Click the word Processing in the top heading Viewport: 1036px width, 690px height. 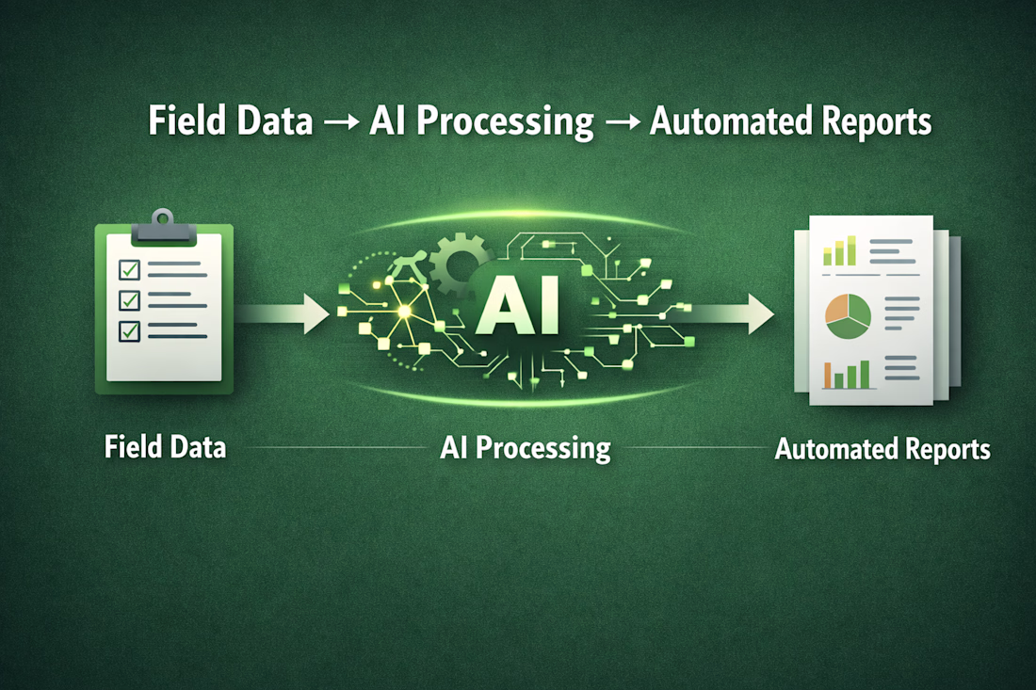pyautogui.click(x=505, y=123)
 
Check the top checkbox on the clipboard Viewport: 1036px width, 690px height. pyautogui.click(x=130, y=269)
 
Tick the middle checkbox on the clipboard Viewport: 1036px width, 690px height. pyautogui.click(x=130, y=300)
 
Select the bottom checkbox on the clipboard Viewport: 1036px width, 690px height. pyautogui.click(x=130, y=330)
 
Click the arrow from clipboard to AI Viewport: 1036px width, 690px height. pyautogui.click(x=283, y=313)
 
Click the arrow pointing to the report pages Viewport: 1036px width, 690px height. pyautogui.click(x=727, y=313)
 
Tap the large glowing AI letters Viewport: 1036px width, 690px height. pyautogui.click(x=518, y=305)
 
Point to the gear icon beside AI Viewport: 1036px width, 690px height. pyautogui.click(x=457, y=264)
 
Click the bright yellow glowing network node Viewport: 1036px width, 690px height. pyautogui.click(x=404, y=311)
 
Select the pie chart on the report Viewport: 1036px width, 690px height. pyautogui.click(x=848, y=316)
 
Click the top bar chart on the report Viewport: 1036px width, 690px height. pyautogui.click(x=840, y=251)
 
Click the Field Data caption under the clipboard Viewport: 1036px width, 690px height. pyautogui.click(x=165, y=447)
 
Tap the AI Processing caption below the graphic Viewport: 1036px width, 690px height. pyautogui.click(x=526, y=449)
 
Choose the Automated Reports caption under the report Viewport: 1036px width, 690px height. pyautogui.click(x=882, y=449)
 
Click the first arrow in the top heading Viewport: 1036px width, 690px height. pyautogui.click(x=342, y=122)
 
